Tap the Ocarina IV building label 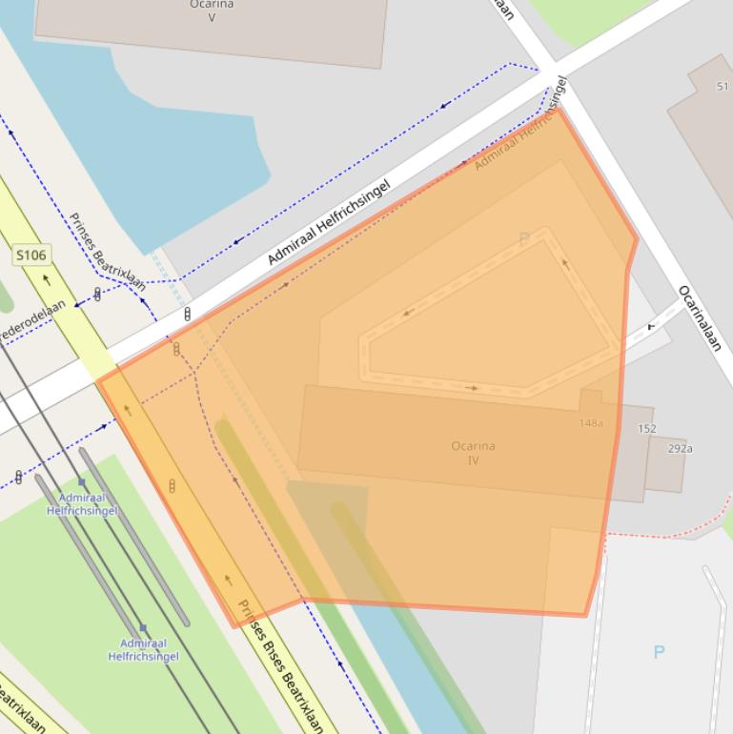[x=473, y=453]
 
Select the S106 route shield [x=31, y=255]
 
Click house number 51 [x=723, y=87]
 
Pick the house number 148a [x=591, y=422]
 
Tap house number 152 [x=647, y=429]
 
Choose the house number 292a [x=680, y=448]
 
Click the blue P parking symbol [x=659, y=652]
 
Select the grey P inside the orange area [x=523, y=239]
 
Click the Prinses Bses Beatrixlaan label [x=281, y=666]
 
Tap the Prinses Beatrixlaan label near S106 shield [x=107, y=251]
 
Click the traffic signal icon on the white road [x=187, y=313]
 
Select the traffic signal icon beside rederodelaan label [x=97, y=295]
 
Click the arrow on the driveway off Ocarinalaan [x=652, y=326]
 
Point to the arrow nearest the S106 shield [x=46, y=281]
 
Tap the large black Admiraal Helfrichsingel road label [x=329, y=222]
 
